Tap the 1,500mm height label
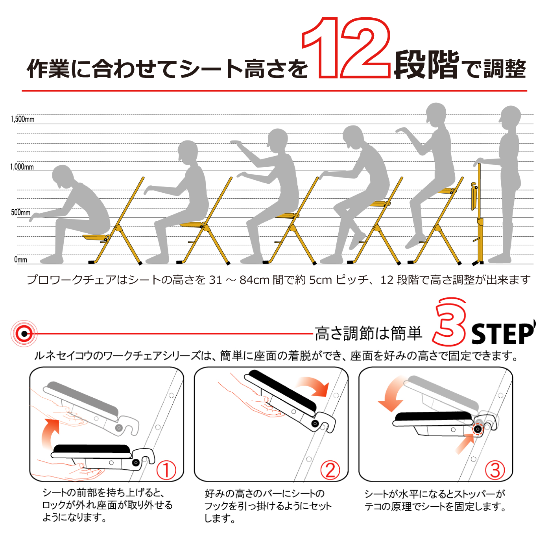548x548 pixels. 22,119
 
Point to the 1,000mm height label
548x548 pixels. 22,166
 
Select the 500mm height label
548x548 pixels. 20,212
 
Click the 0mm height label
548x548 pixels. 20,259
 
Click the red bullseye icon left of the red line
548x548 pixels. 24,334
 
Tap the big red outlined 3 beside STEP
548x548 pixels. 449,321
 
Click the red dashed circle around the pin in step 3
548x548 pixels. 478,429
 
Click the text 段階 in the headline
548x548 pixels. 426,65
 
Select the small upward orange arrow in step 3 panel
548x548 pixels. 465,445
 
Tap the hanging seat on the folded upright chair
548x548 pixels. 474,196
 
